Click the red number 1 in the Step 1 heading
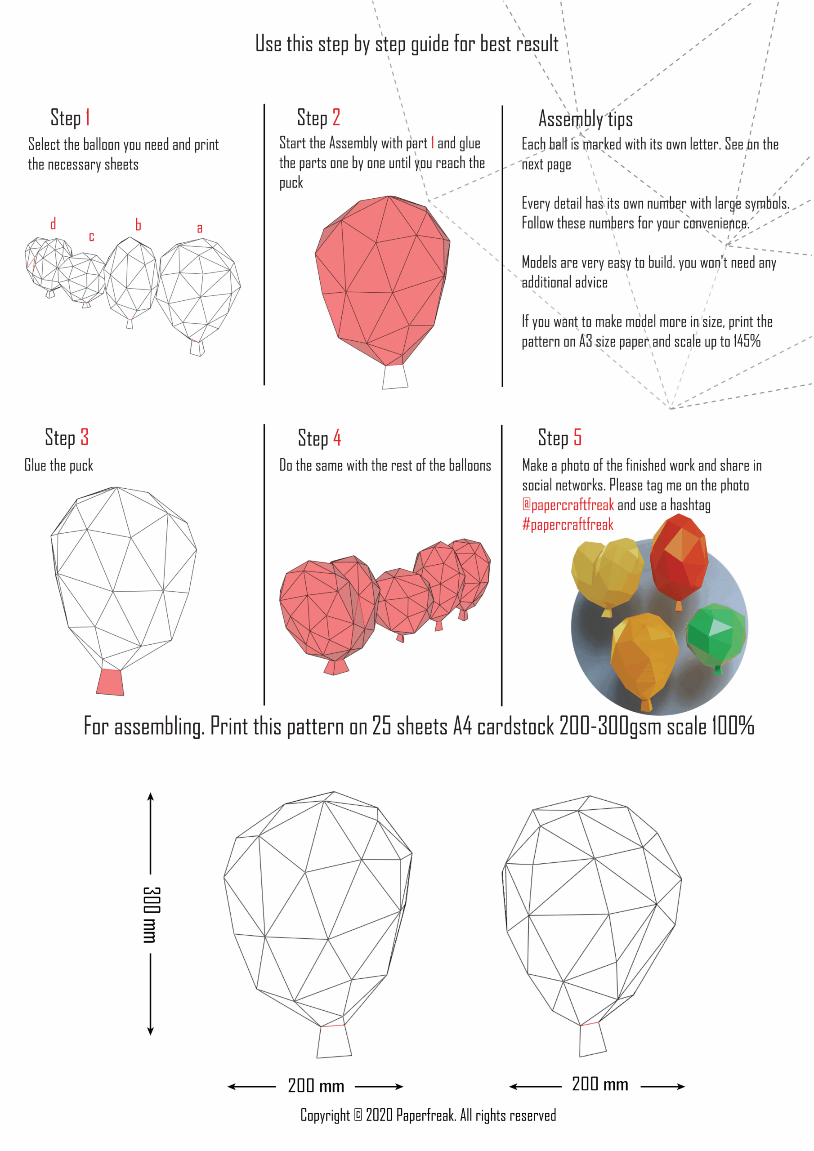tap(88, 117)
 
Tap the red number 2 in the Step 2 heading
tap(336, 117)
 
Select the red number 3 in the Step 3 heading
tap(85, 437)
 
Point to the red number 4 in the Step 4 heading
tap(337, 437)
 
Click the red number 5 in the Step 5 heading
tap(577, 437)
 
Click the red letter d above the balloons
tap(53, 223)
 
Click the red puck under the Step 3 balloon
tap(110, 682)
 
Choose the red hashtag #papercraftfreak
tap(568, 524)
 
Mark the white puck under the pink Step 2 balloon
tap(395, 377)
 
